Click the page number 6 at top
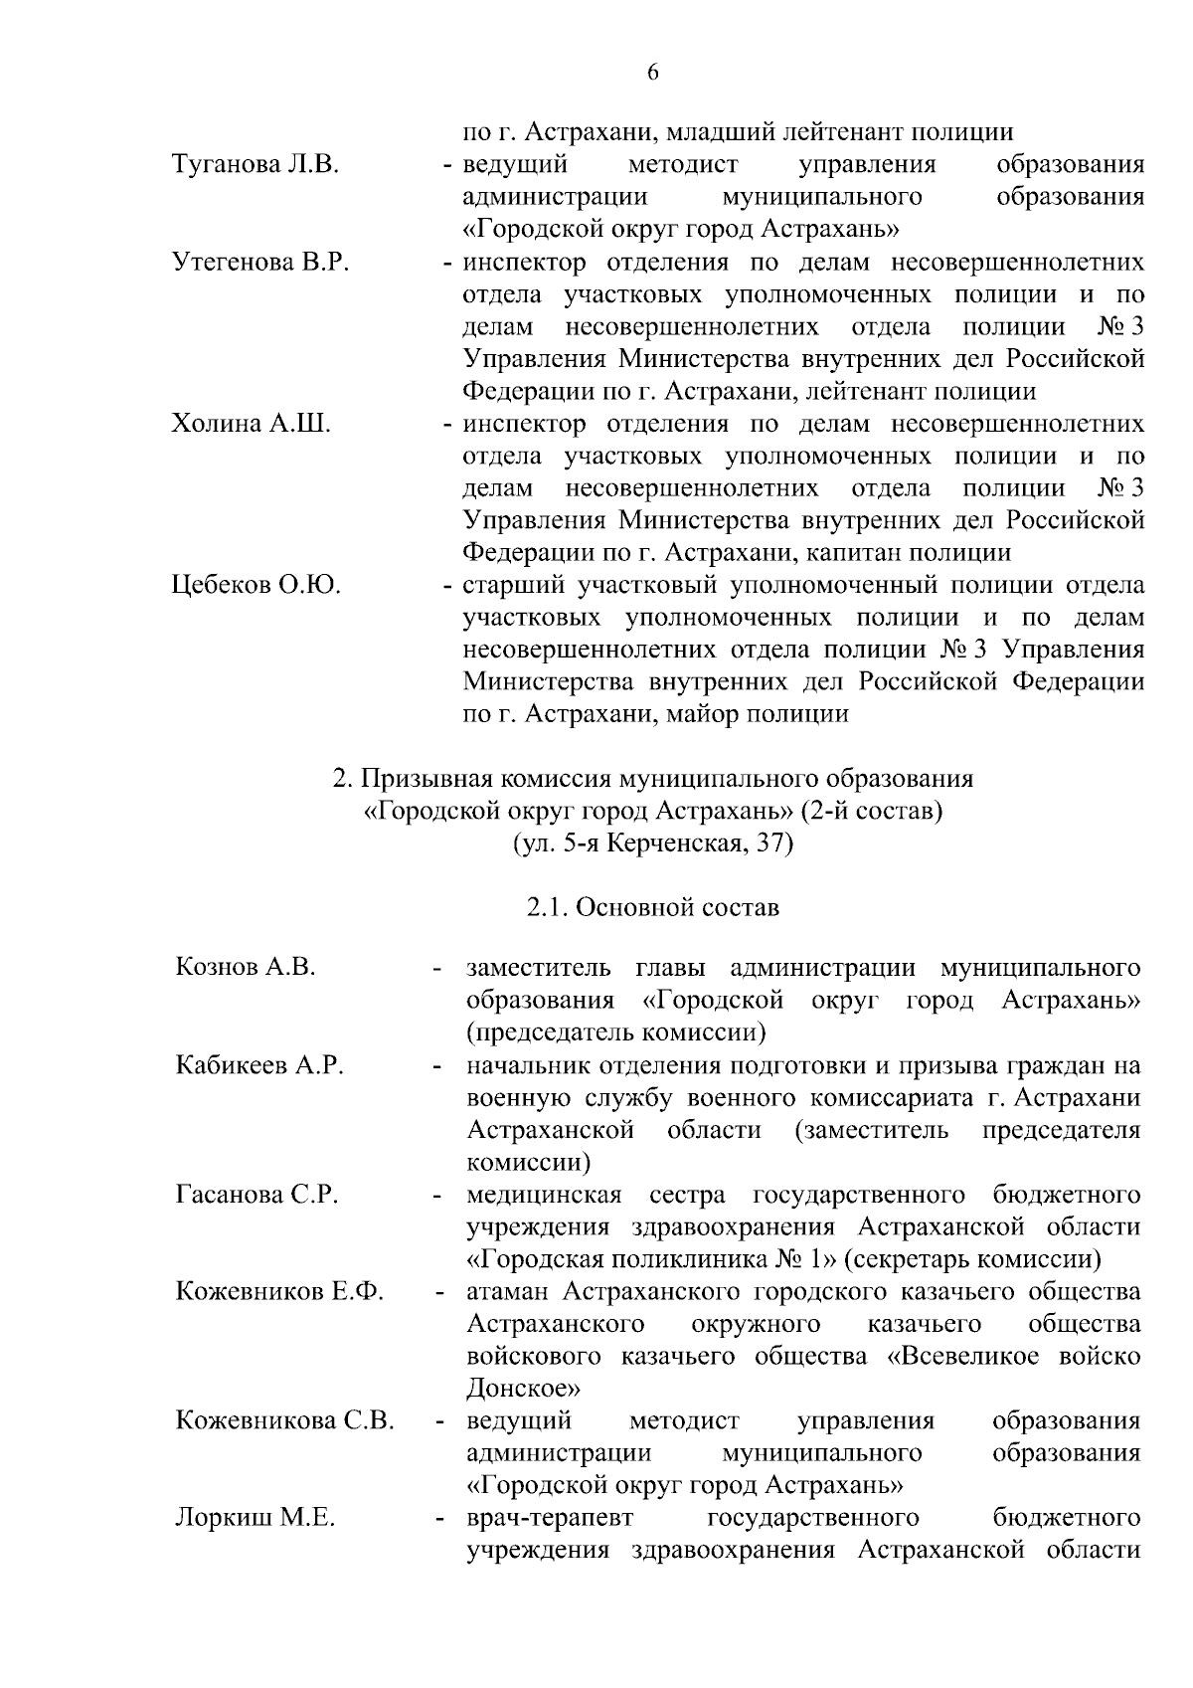pyautogui.click(x=653, y=72)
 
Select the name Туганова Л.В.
pyautogui.click(x=256, y=165)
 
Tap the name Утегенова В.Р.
pyautogui.click(x=260, y=263)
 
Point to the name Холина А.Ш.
pyautogui.click(x=252, y=424)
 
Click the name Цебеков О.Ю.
pyautogui.click(x=256, y=585)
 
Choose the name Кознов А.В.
pyautogui.click(x=245, y=967)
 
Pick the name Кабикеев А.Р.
pyautogui.click(x=259, y=1065)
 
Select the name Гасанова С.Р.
pyautogui.click(x=256, y=1195)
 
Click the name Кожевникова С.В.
pyautogui.click(x=284, y=1420)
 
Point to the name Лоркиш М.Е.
pyautogui.click(x=255, y=1518)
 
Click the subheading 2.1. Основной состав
pyautogui.click(x=653, y=907)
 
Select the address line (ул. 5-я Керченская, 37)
pyautogui.click(x=653, y=844)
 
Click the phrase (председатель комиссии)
pyautogui.click(x=616, y=1032)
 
